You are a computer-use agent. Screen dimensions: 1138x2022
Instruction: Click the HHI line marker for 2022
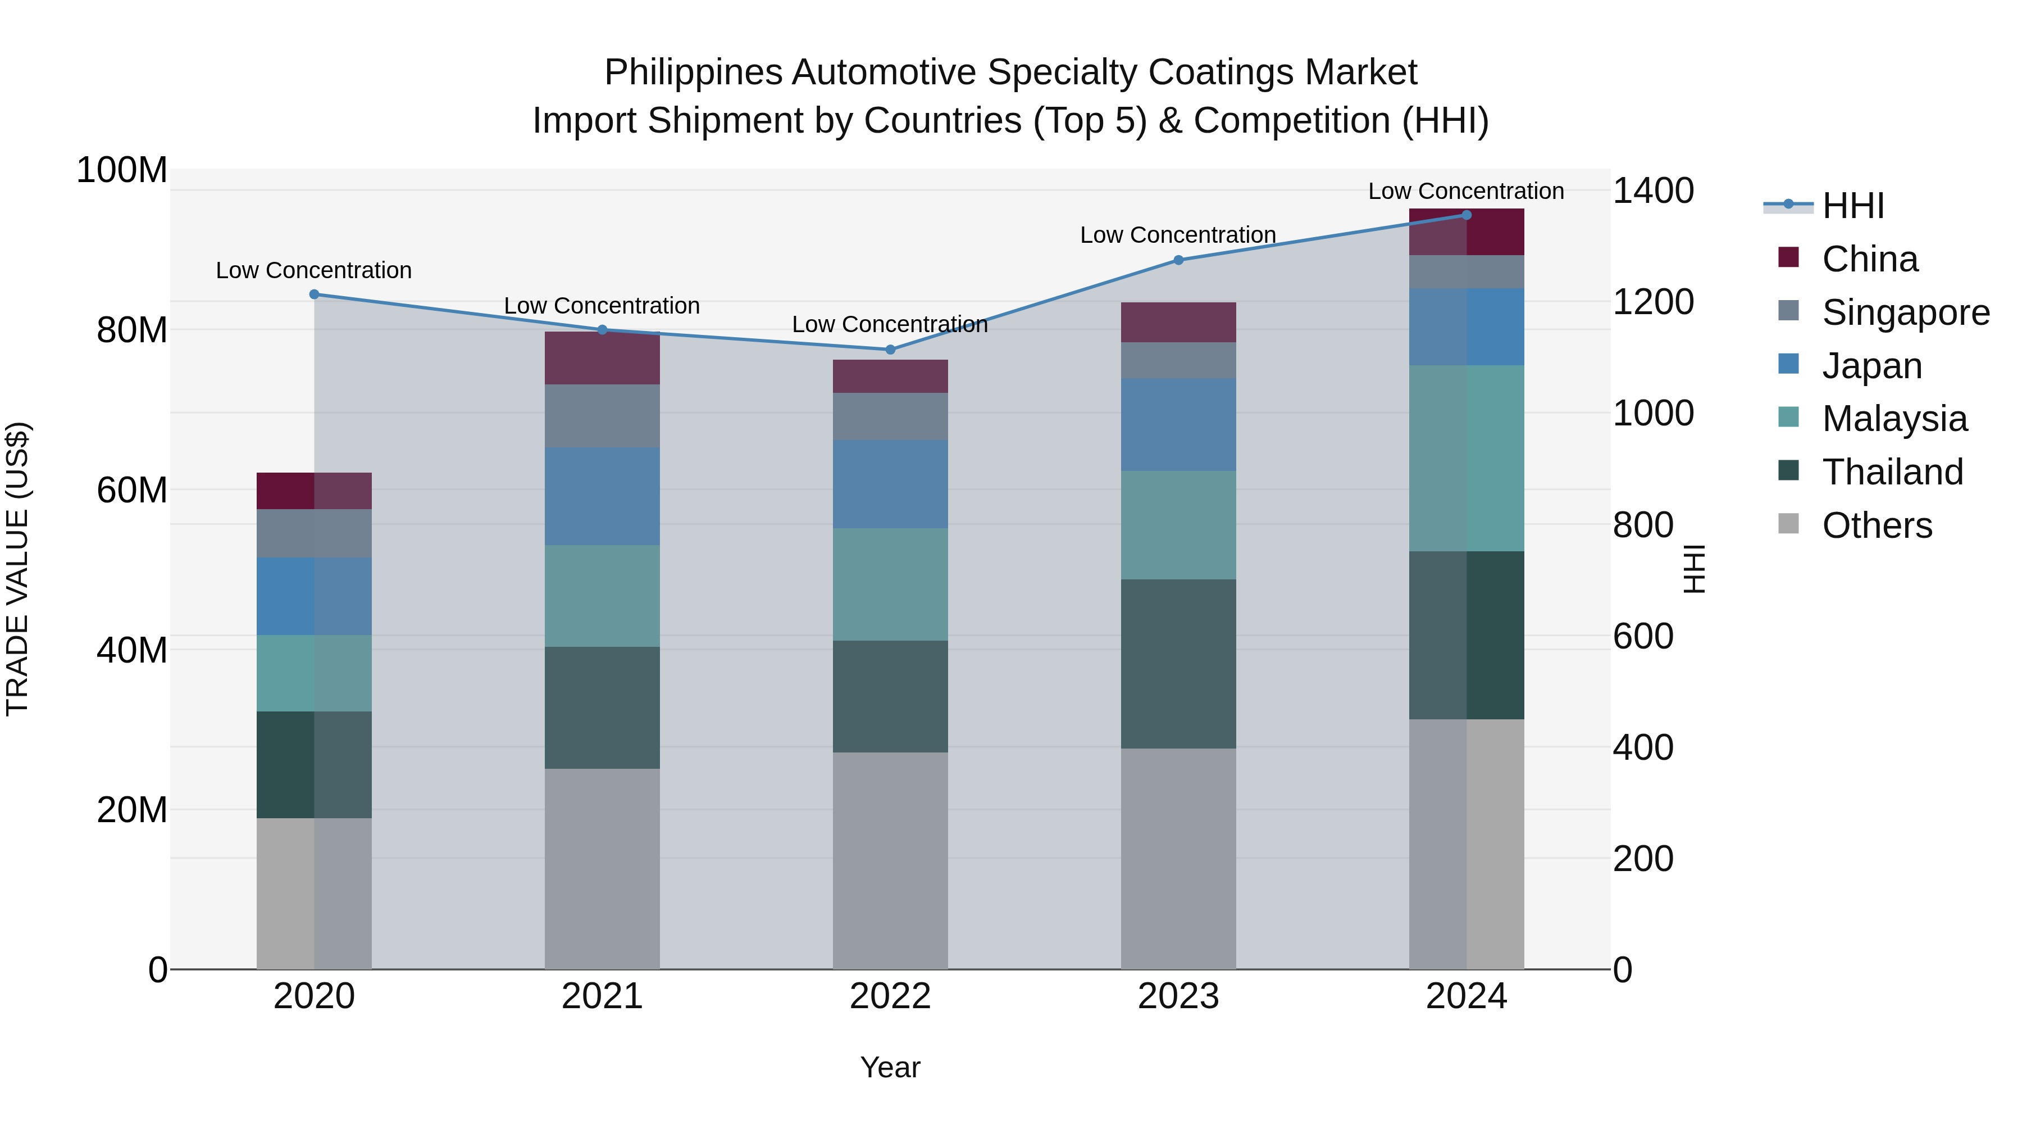point(890,350)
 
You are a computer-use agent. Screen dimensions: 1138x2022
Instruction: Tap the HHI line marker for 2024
point(1467,215)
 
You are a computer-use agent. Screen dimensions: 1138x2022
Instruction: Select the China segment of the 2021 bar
point(602,358)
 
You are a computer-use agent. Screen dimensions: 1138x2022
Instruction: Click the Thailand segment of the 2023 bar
point(1178,664)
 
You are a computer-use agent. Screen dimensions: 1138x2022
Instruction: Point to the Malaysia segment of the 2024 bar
point(1467,458)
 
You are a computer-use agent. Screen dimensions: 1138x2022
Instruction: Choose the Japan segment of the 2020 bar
point(314,596)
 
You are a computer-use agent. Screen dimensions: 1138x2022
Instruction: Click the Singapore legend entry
point(1905,312)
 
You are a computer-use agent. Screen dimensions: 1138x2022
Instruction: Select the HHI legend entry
point(1852,206)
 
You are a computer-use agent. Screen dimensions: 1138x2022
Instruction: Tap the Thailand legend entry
point(1892,472)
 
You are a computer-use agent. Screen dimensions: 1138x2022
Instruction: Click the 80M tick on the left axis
point(132,330)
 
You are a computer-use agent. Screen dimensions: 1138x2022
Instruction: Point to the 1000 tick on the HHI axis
point(1653,413)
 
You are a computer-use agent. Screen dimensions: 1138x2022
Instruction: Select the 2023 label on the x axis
point(1178,996)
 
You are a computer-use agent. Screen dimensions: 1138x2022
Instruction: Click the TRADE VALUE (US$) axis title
point(17,569)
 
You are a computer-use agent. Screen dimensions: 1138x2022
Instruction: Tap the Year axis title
point(890,1067)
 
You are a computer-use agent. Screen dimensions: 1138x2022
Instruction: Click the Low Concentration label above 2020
point(314,270)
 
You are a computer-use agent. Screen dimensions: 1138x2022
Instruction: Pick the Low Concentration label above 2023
point(1178,235)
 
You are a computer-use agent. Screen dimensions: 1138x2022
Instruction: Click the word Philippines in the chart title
point(693,72)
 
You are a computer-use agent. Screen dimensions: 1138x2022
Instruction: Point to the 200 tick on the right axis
point(1643,858)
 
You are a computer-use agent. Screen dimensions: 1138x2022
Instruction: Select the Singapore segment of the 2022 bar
point(890,416)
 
